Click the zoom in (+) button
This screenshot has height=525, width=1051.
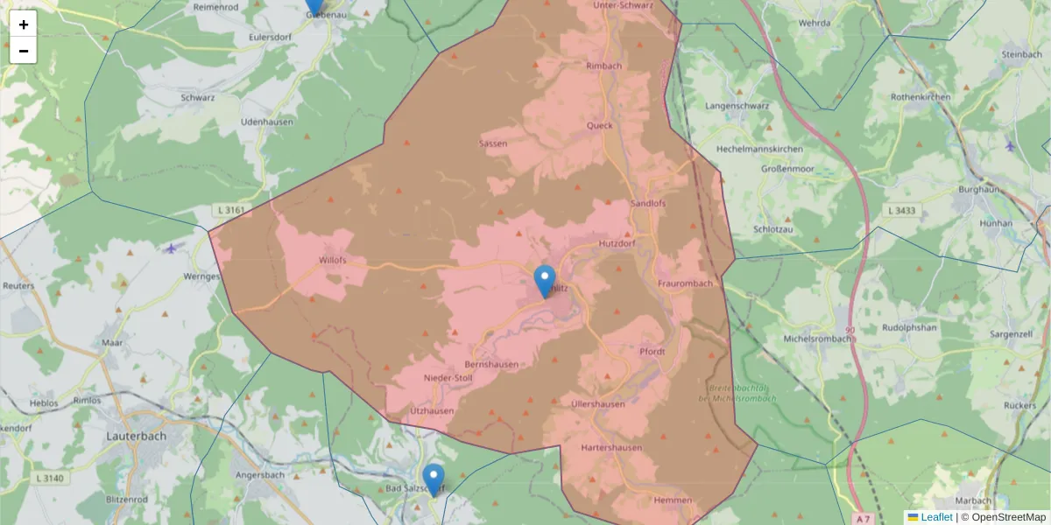coord(24,24)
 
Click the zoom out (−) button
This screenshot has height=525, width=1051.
coord(24,51)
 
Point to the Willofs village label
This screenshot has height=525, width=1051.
coord(333,260)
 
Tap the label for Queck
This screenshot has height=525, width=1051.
coord(600,125)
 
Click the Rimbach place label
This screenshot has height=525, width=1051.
coord(603,66)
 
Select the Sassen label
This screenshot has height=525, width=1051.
coord(493,143)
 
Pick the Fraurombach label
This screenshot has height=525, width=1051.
coord(685,283)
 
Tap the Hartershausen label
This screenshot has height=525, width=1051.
coord(611,448)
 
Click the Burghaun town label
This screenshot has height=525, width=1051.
coord(985,189)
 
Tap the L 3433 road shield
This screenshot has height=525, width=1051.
coord(901,210)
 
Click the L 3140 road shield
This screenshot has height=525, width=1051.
coord(51,479)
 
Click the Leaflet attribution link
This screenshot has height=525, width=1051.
coord(936,517)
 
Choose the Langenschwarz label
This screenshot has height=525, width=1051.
coord(737,106)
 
